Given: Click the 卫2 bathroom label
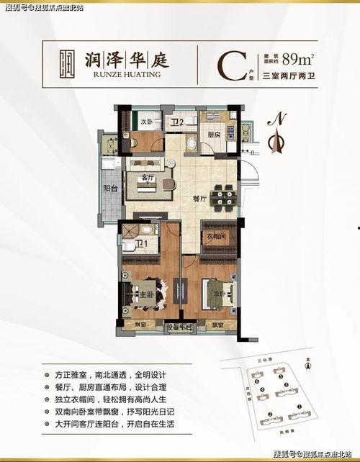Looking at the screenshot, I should click(x=178, y=123).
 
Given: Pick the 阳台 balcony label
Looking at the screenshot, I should click(x=111, y=189).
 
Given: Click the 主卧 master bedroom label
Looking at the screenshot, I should click(x=145, y=294).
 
